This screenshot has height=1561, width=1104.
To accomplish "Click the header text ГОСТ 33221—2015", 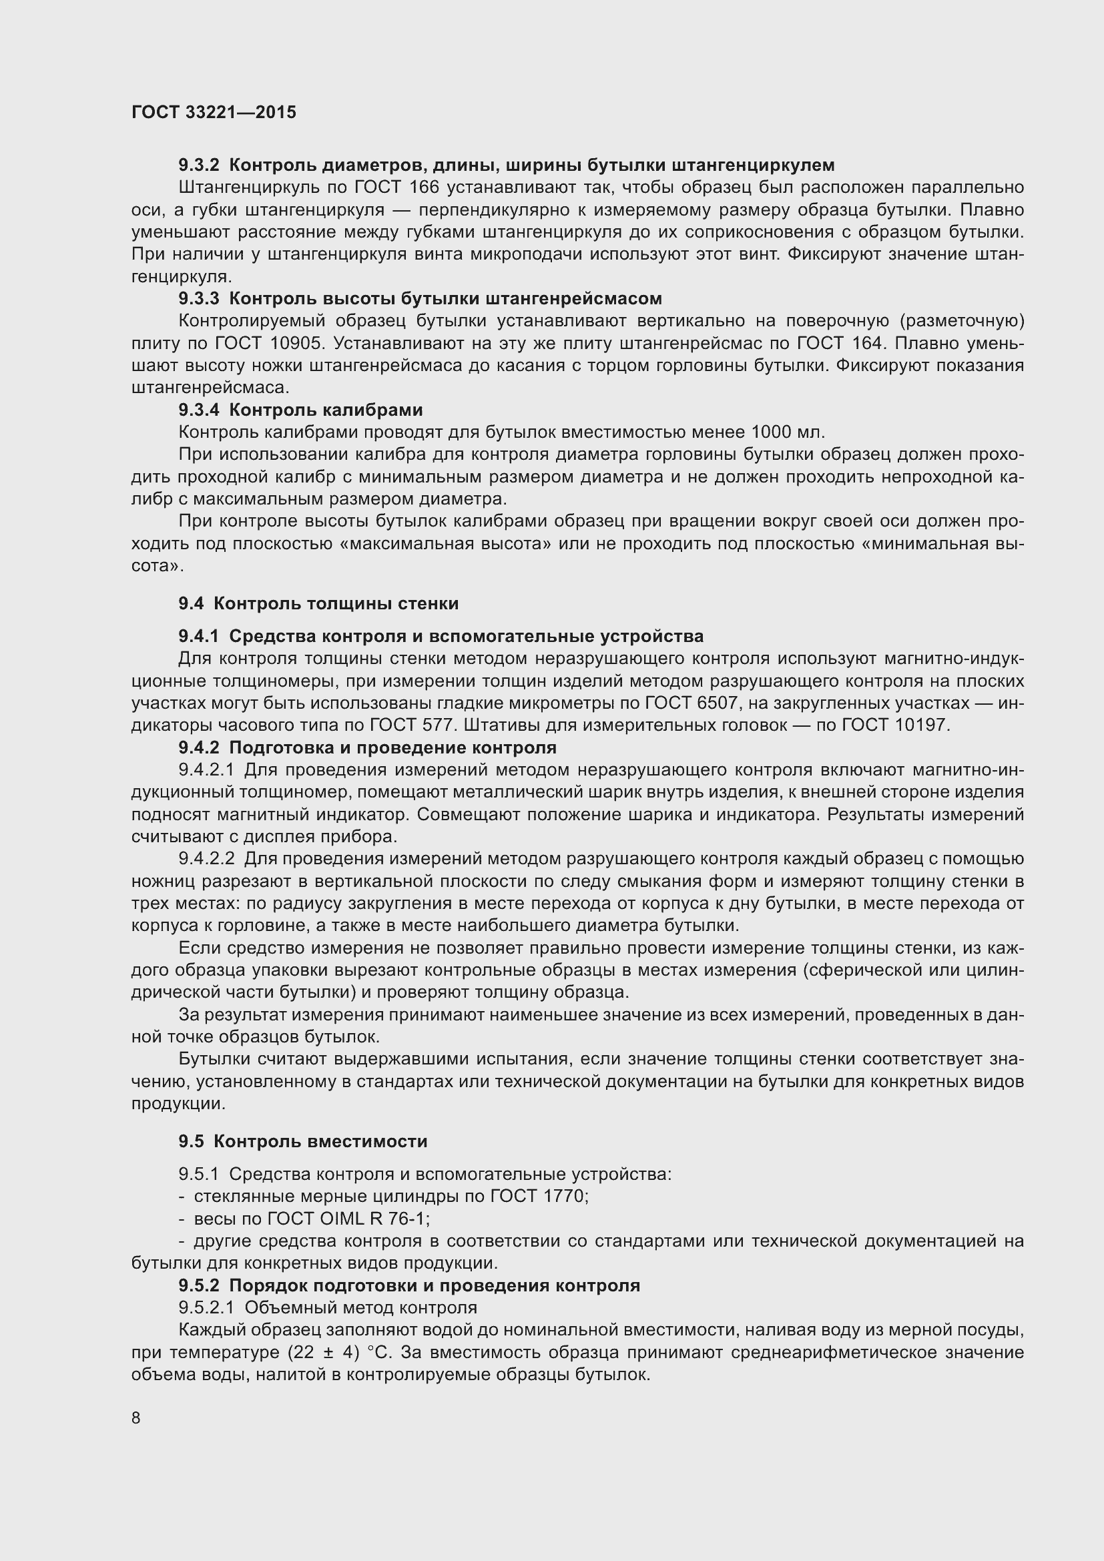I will (214, 112).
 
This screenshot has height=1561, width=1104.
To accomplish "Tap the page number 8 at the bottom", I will (136, 1418).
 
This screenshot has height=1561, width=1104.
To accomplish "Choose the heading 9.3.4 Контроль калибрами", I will (300, 410).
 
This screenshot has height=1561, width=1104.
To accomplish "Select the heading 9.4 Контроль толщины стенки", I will (318, 604).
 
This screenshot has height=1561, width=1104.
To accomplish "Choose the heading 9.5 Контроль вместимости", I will (302, 1141).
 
